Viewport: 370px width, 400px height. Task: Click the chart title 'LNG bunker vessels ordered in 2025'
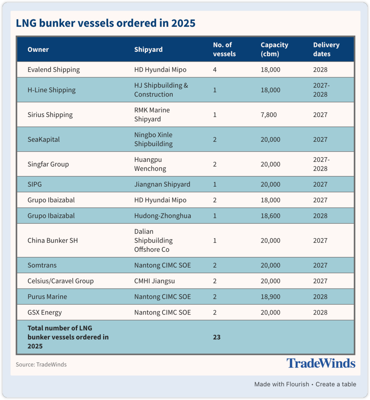click(x=106, y=23)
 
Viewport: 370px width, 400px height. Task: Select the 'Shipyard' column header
click(x=148, y=49)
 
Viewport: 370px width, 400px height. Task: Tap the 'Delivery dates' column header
click(x=326, y=49)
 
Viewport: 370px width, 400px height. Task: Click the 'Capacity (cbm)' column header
click(x=274, y=49)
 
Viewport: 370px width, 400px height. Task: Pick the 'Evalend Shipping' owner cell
click(x=53, y=70)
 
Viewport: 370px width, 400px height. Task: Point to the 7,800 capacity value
click(x=269, y=115)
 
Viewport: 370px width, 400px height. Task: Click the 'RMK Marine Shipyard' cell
click(x=152, y=115)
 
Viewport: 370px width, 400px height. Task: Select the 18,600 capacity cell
click(x=270, y=216)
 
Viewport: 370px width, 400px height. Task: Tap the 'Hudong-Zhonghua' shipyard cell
click(x=162, y=216)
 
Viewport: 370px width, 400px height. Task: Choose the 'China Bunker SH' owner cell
click(x=53, y=240)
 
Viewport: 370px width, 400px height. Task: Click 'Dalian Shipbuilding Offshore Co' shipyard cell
click(x=153, y=240)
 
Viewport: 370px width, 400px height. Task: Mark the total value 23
click(x=217, y=337)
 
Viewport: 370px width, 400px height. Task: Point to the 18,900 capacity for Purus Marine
click(x=270, y=297)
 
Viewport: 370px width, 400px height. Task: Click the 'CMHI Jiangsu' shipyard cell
click(x=155, y=281)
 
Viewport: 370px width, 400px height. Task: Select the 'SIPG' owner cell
click(x=35, y=184)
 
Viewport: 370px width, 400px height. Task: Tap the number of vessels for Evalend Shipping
click(x=215, y=70)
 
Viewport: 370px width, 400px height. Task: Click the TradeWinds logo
click(x=321, y=363)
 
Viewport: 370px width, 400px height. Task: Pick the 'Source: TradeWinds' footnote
click(x=41, y=364)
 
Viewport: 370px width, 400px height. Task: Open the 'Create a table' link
click(x=336, y=384)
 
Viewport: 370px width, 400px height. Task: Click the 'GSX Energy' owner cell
click(x=45, y=313)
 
